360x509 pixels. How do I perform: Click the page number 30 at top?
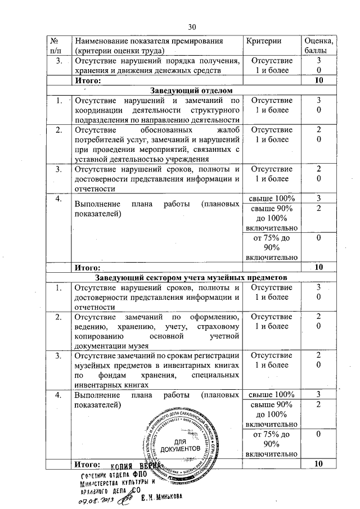coord(191,27)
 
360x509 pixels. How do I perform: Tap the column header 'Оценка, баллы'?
coord(318,46)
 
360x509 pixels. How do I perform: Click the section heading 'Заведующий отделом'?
coord(191,91)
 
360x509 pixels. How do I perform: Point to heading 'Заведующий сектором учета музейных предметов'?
coord(191,278)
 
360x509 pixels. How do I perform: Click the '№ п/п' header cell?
coord(56,46)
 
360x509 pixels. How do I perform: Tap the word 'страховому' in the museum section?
coord(219,327)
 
